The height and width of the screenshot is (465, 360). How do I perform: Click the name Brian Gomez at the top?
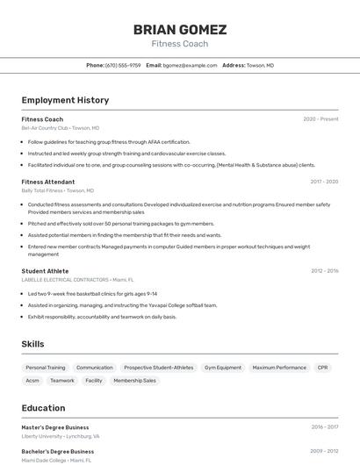click(180, 30)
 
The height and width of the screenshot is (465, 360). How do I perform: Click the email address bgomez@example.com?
click(191, 65)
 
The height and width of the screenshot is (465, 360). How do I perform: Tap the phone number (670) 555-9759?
click(123, 65)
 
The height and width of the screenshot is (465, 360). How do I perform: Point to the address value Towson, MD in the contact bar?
click(260, 65)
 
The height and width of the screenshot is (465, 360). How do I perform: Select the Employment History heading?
click(65, 100)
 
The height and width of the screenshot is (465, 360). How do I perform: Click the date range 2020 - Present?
click(320, 119)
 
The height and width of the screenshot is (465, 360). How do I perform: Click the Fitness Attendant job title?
click(48, 182)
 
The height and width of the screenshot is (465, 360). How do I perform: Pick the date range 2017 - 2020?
click(324, 182)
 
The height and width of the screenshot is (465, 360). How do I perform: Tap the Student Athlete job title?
click(45, 271)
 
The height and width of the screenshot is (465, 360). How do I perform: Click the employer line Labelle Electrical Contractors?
click(65, 280)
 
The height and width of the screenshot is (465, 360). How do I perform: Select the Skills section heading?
click(32, 344)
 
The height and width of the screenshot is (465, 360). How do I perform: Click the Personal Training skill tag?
click(45, 368)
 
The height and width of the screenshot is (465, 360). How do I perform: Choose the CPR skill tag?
click(322, 368)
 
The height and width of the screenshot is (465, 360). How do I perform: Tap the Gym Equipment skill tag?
click(223, 368)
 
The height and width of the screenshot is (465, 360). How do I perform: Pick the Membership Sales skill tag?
click(134, 381)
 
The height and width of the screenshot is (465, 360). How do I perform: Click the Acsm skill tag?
click(32, 381)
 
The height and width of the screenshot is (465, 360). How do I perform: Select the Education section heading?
click(43, 407)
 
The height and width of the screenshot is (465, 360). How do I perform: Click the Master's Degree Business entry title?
click(55, 427)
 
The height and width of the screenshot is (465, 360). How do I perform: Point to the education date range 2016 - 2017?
click(325, 427)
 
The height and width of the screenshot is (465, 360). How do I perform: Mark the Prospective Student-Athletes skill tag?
click(159, 368)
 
